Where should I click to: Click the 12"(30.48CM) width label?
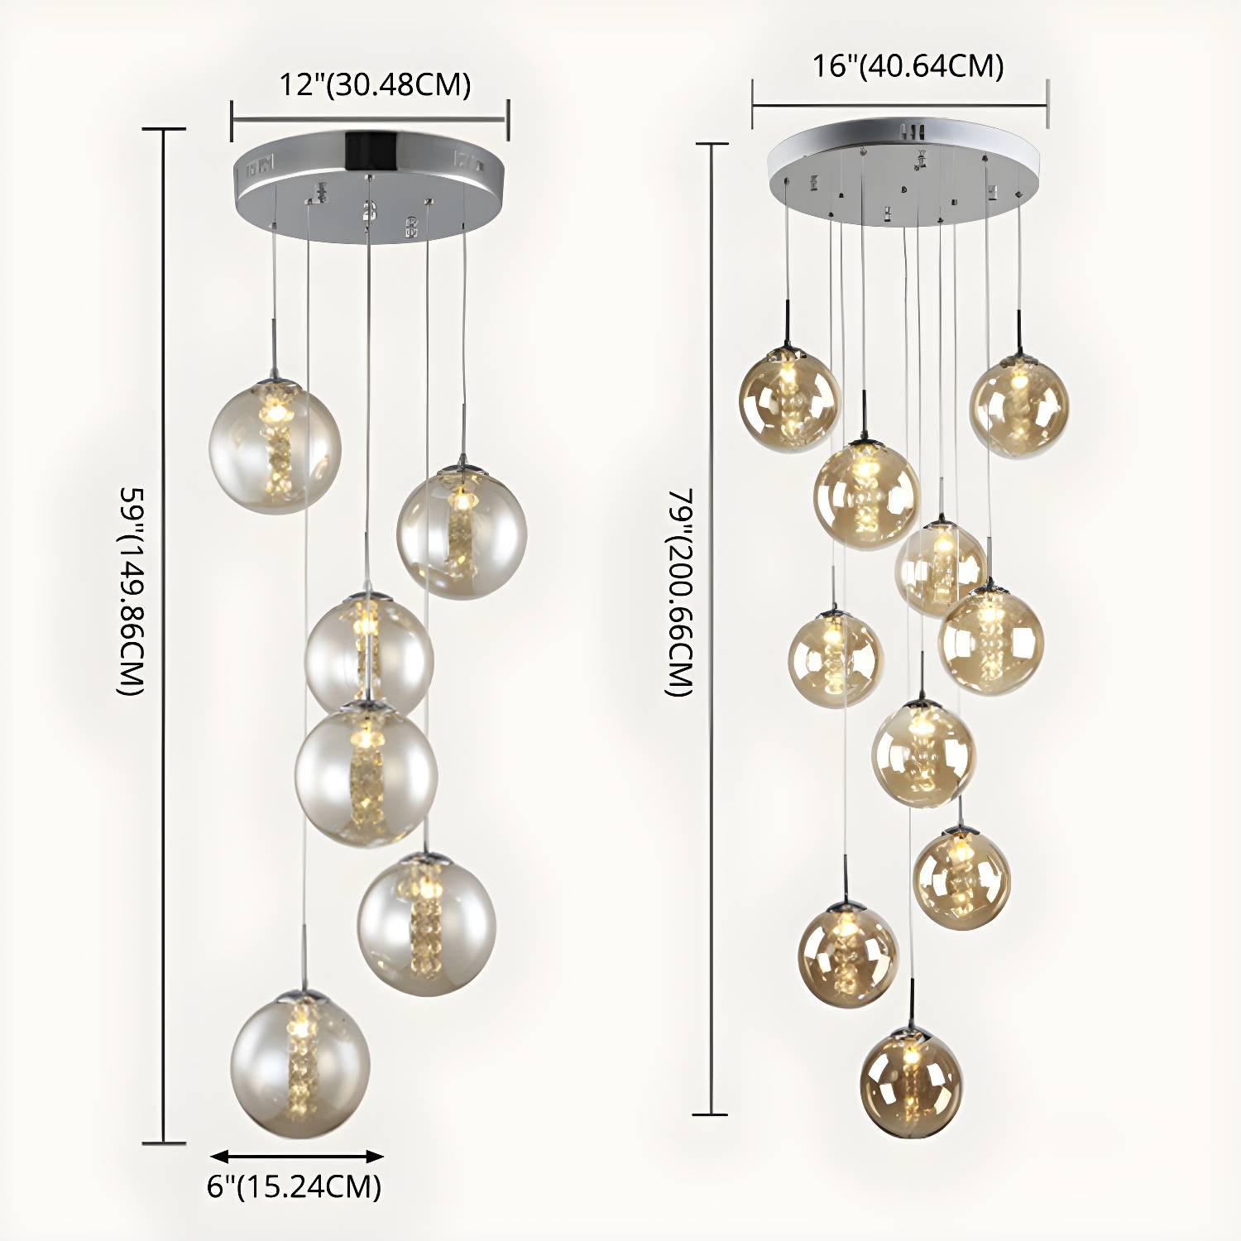(374, 84)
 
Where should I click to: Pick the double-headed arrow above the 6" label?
(296, 1156)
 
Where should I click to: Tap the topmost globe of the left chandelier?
(275, 443)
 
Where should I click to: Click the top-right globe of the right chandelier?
(1018, 405)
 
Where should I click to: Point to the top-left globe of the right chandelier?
(789, 400)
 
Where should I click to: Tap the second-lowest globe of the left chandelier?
(426, 924)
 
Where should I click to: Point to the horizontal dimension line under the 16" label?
(900, 105)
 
